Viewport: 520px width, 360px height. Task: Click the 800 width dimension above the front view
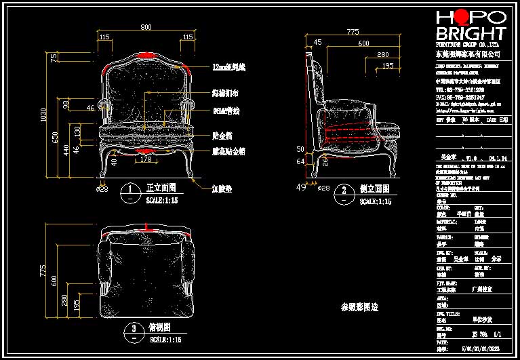(146, 26)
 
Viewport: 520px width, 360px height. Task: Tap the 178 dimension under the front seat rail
(145, 159)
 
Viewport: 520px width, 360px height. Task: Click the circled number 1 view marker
(129, 188)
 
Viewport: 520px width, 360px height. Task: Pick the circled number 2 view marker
(344, 191)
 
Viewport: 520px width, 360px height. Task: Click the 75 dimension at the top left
(54, 59)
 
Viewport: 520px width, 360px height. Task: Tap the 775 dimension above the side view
(353, 31)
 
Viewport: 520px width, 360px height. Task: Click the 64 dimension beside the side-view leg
(300, 161)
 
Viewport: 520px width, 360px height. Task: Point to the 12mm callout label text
(228, 67)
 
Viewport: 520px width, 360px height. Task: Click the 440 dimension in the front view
(66, 149)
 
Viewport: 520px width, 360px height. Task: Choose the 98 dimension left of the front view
(66, 104)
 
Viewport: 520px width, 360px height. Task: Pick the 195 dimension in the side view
(386, 66)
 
